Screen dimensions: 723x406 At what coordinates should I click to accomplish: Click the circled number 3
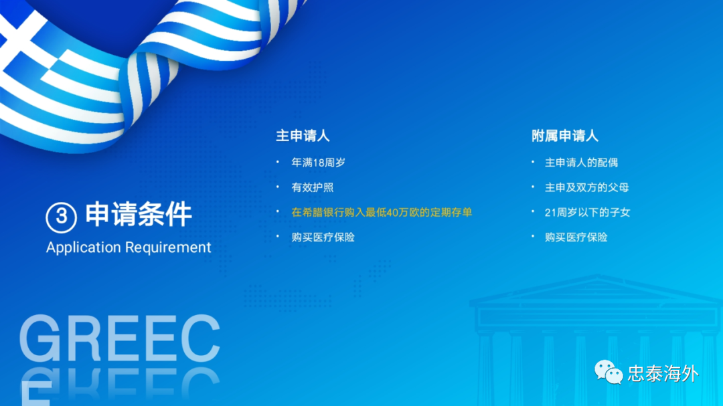point(61,217)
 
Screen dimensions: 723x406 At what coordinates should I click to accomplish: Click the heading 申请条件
point(139,214)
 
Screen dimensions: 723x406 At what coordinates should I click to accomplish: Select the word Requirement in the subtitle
point(168,247)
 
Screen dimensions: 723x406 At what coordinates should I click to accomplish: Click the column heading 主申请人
point(303,136)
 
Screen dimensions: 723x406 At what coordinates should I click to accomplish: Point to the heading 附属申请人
point(565,136)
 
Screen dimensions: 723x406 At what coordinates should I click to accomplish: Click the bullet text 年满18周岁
point(318,163)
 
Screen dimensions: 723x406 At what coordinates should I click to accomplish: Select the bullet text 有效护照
point(312,187)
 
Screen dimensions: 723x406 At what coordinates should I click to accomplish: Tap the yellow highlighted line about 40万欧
point(382,213)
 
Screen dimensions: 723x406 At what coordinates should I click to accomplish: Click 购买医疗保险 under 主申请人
point(323,237)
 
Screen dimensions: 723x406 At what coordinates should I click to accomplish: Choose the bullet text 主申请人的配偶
point(581,163)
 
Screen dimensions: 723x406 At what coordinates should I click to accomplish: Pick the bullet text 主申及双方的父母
point(586,187)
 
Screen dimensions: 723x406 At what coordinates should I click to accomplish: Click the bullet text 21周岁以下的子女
point(588,213)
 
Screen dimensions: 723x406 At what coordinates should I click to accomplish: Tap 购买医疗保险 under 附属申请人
point(576,237)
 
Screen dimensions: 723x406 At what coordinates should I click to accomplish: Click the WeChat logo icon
point(609,373)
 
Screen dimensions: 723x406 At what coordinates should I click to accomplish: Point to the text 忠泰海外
point(663,374)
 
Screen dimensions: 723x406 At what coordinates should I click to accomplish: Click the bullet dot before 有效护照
point(278,187)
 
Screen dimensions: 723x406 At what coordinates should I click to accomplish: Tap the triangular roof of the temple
point(596,288)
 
